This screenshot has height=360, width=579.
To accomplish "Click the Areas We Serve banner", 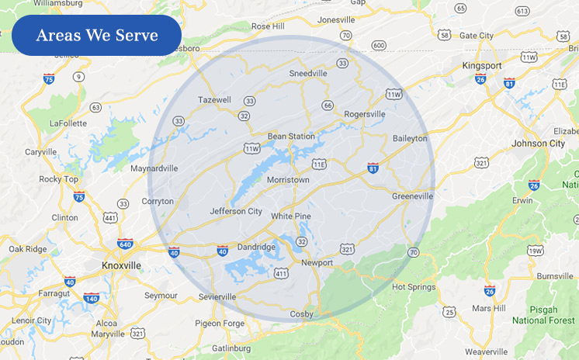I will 96,36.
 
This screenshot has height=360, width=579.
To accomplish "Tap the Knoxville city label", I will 121,265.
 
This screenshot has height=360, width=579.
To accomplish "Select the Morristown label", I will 288,180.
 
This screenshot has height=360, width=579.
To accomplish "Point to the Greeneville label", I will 412,196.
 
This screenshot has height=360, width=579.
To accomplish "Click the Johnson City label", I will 538,144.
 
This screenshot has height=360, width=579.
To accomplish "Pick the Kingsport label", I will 484,66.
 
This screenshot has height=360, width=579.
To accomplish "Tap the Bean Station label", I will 291,137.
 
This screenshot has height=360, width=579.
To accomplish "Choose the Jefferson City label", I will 236,211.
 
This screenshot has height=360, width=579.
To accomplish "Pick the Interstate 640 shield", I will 125,244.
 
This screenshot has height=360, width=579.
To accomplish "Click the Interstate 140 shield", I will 92,298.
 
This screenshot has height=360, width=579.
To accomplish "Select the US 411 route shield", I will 280,273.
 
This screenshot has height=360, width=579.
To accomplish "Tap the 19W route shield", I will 536,251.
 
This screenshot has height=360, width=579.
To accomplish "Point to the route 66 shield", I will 328,106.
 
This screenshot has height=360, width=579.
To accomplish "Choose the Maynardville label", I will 154,168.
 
